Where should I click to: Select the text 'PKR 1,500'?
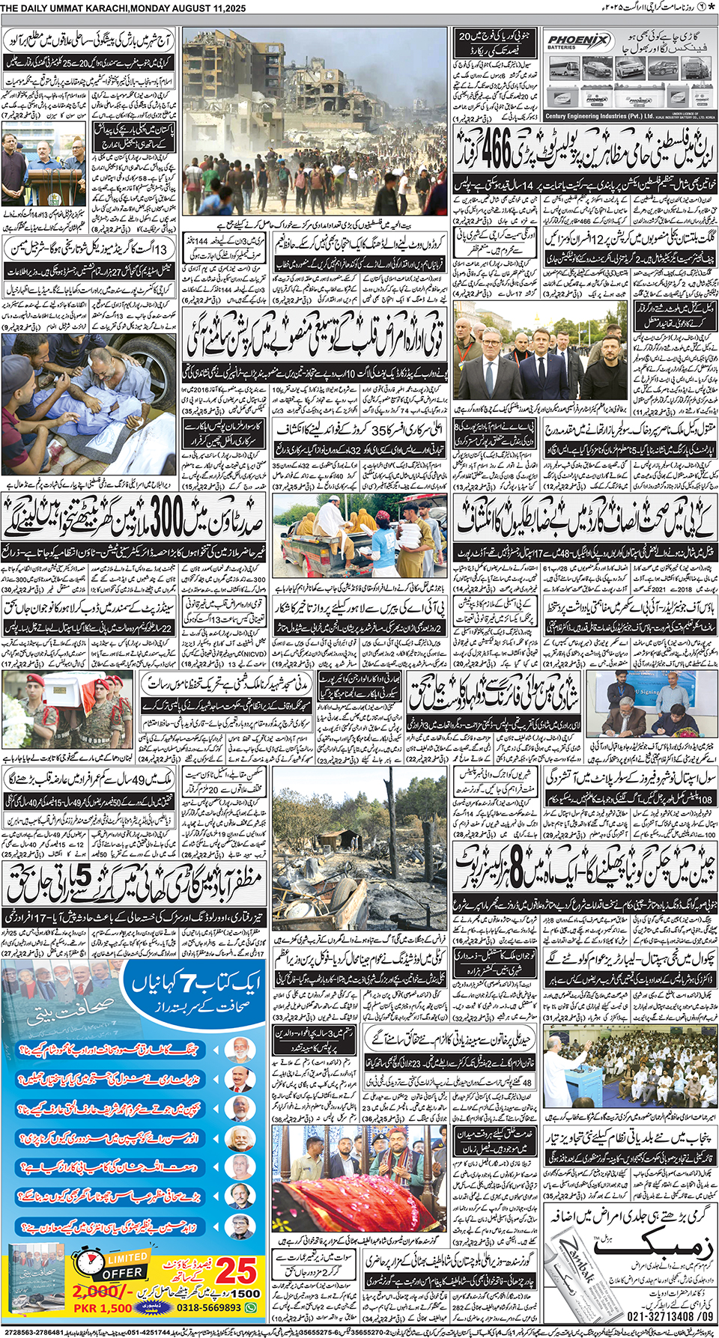coord(104,1307)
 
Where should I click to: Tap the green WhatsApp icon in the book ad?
coord(252,1307)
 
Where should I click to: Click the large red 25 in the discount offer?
coord(235,1271)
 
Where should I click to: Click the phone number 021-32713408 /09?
coord(670,1316)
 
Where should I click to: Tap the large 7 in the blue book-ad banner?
coord(189,983)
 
